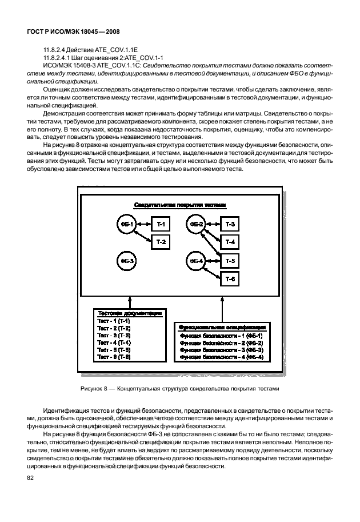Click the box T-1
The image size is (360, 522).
coord(161,224)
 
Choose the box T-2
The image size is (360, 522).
coord(161,242)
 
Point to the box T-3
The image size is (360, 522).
coord(230,224)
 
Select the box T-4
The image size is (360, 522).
coord(230,242)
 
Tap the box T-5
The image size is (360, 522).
coord(230,261)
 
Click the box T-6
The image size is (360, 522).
coord(230,279)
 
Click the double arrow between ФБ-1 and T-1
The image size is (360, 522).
coord(142,224)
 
